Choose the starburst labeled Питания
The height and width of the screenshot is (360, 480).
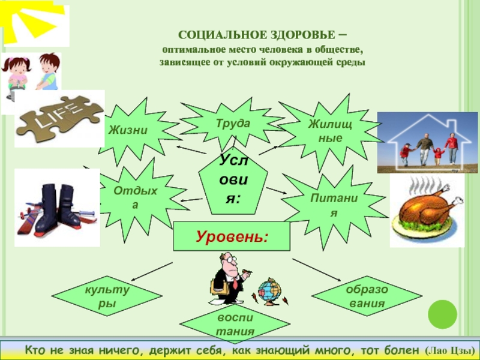[x=328, y=205]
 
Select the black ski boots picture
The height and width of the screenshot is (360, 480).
[x=56, y=207]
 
